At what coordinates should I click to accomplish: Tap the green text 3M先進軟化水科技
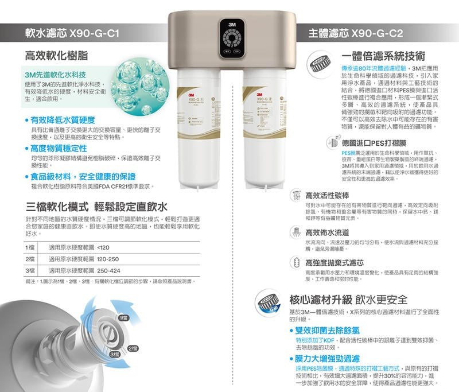click(55, 75)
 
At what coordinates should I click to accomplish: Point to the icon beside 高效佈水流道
click(297, 233)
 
